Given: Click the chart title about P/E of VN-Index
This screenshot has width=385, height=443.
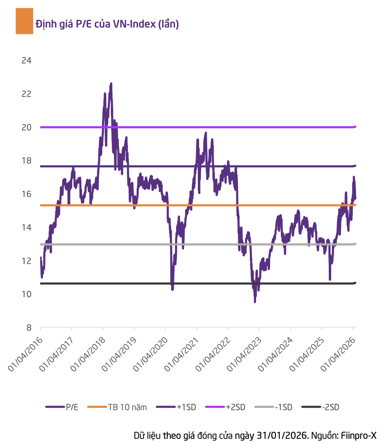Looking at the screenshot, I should pyautogui.click(x=107, y=24).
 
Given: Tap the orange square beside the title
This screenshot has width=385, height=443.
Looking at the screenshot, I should pyautogui.click(x=24, y=21).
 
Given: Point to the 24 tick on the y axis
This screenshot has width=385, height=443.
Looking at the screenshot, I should pyautogui.click(x=27, y=61).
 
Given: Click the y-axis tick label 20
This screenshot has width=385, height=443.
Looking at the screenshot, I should pyautogui.click(x=27, y=127).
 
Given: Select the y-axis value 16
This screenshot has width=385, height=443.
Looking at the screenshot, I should pyautogui.click(x=27, y=194).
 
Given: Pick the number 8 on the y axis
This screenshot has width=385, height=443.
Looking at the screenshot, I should pyautogui.click(x=29, y=328).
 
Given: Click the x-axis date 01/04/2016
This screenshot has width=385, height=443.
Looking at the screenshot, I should pyautogui.click(x=25, y=354).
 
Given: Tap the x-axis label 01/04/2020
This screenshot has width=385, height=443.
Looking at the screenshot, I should pyautogui.click(x=150, y=354).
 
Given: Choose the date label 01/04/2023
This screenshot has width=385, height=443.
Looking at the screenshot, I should pyautogui.click(x=244, y=354).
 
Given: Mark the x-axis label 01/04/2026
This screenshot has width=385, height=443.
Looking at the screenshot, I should pyautogui.click(x=338, y=354).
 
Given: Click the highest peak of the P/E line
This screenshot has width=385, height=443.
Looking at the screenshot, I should pyautogui.click(x=111, y=84).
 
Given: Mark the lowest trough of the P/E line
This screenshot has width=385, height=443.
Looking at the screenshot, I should pyautogui.click(x=255, y=301).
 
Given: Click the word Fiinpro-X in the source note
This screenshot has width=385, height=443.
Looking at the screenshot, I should pyautogui.click(x=358, y=436).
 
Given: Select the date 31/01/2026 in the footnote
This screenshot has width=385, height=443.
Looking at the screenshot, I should pyautogui.click(x=281, y=436).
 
